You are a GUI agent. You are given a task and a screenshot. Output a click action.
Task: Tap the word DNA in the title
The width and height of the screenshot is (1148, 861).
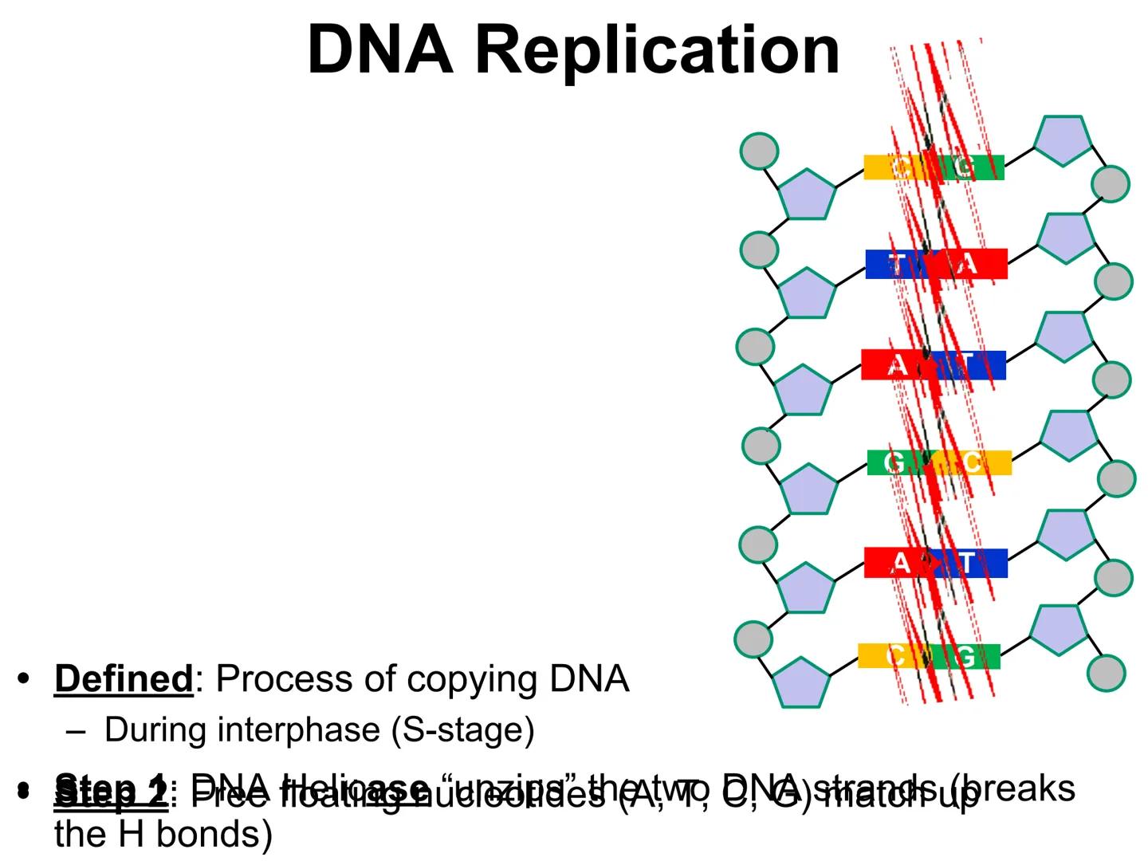click(x=379, y=49)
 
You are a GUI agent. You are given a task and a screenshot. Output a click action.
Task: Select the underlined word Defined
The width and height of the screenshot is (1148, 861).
click(x=124, y=679)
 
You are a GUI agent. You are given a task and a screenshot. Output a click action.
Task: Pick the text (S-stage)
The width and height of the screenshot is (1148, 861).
click(x=462, y=730)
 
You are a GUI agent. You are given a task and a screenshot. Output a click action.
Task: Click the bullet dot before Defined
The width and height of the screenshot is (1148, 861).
click(x=23, y=679)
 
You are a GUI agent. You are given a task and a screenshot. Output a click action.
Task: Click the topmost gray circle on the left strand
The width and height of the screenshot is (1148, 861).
click(x=759, y=151)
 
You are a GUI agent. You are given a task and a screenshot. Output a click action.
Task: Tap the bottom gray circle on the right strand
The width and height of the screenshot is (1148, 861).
click(x=1107, y=672)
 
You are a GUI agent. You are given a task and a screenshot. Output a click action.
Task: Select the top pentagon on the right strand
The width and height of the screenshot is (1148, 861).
click(x=1063, y=141)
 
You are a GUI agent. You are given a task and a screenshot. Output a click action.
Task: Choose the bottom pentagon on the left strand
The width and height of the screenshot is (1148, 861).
click(x=801, y=682)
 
